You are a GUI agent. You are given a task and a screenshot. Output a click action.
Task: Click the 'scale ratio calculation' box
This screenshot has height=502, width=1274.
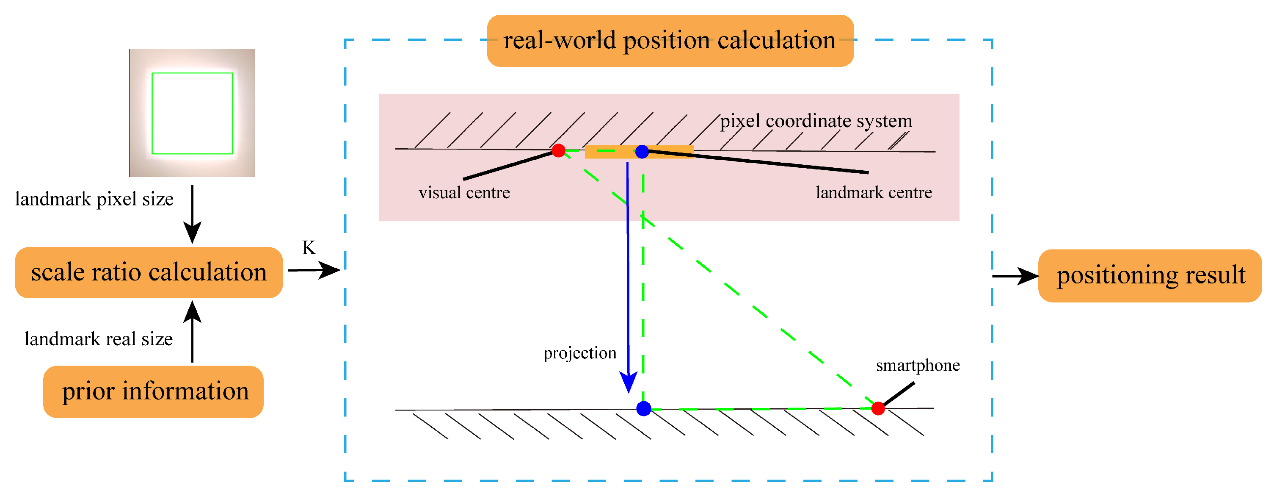[149, 272]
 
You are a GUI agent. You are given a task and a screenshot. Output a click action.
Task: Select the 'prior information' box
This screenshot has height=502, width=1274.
[153, 391]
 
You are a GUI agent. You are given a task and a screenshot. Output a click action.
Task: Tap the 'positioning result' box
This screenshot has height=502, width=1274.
[1150, 276]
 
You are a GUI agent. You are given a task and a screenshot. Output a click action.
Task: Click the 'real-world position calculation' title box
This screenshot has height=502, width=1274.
[670, 41]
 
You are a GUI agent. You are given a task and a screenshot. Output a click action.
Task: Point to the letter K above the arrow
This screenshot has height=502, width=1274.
[309, 247]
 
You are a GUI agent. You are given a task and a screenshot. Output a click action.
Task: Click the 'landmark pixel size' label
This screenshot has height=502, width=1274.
[94, 199]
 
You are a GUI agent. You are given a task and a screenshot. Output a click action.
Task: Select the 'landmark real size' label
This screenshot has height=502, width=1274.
[99, 339]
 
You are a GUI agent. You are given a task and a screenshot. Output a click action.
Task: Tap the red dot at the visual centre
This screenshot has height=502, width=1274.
[558, 150]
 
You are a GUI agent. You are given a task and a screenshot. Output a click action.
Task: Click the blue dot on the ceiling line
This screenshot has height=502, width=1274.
[642, 152]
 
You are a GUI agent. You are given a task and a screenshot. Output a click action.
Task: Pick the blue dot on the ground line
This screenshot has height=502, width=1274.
[643, 408]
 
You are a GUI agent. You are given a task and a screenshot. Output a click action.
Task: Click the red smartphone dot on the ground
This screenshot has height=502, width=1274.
[878, 408]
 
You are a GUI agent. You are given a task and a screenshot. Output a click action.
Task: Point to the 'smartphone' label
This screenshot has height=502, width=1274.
[918, 365]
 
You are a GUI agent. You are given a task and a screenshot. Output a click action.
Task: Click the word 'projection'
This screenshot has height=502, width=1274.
[579, 353]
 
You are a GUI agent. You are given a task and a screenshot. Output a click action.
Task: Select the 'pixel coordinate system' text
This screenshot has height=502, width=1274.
[816, 121]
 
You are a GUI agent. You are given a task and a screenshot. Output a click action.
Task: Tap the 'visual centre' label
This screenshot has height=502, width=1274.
[464, 193]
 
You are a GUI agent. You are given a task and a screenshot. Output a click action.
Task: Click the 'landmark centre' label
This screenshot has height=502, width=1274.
[874, 193]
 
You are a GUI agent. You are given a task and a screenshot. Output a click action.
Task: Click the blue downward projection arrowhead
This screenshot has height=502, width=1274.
[628, 382]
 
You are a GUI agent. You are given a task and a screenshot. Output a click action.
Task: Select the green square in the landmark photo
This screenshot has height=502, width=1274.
[193, 114]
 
